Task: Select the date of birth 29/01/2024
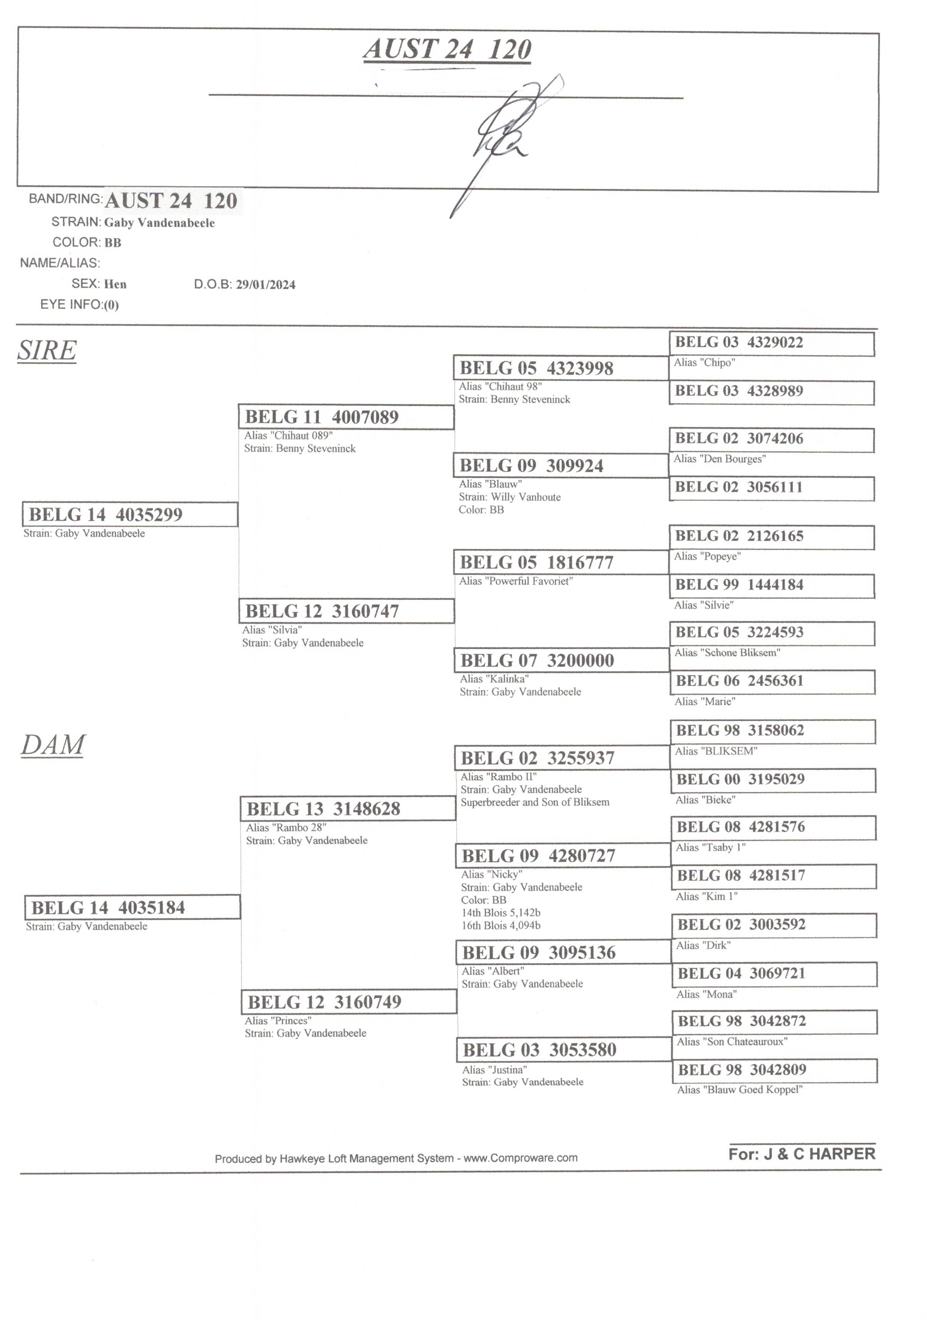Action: [266, 284]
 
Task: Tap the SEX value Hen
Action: [115, 284]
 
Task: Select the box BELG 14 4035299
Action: [130, 514]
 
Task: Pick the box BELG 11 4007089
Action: [346, 417]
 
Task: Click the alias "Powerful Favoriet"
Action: [516, 581]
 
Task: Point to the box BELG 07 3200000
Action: [562, 660]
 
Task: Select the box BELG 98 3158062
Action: [773, 731]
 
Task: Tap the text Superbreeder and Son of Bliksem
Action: [534, 802]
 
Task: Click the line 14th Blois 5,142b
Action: [501, 913]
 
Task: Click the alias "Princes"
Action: [278, 1020]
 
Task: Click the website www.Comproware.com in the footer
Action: [520, 1158]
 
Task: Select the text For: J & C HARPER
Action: [802, 1154]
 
